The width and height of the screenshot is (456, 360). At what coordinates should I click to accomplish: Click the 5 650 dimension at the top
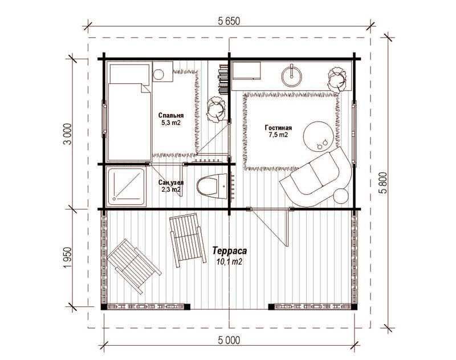229,21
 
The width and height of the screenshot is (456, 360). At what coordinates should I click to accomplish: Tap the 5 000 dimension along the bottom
229,340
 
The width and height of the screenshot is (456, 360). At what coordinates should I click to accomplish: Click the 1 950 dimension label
67,258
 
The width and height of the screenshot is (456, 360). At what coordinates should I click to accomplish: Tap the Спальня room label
171,115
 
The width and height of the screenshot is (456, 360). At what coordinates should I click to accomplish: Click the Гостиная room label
278,128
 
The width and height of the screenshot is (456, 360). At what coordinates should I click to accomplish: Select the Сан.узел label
171,183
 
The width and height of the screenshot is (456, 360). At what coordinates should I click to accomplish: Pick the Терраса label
230,250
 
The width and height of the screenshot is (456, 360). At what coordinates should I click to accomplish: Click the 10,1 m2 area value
230,262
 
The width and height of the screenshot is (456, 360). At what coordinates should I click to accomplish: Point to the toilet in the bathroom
211,185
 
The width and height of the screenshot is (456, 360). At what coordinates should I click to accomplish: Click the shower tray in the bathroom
126,186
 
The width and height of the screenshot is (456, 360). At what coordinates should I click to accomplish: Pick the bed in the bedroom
129,111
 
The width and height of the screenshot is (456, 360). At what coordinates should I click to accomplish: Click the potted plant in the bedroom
217,109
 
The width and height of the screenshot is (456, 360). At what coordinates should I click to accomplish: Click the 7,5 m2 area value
278,135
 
